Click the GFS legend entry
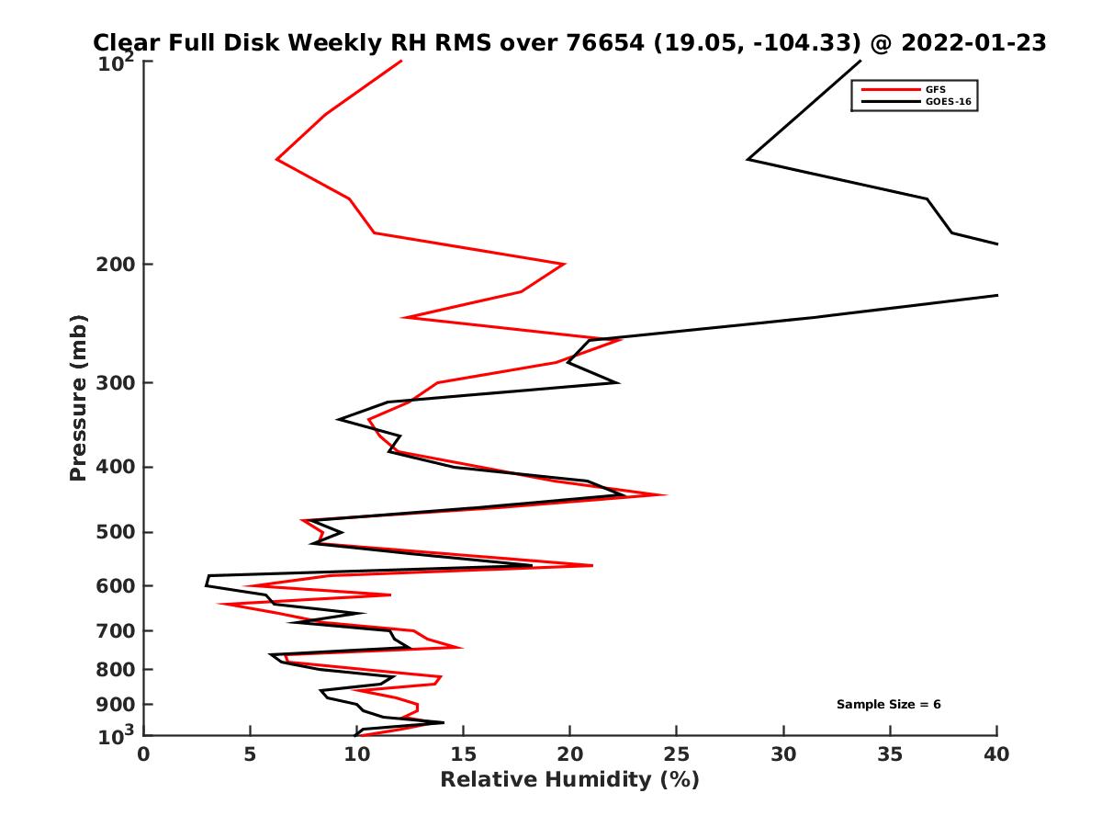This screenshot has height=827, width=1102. (936, 89)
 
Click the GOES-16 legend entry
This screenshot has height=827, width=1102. (947, 102)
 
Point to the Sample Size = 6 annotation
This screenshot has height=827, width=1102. (888, 705)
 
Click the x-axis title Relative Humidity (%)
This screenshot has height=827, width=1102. (569, 780)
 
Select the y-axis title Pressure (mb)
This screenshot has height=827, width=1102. (78, 397)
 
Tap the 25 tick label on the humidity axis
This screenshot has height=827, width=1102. (677, 754)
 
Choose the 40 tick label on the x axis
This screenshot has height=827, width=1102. (996, 754)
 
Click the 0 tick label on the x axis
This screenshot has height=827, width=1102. (144, 754)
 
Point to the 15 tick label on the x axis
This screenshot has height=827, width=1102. (464, 754)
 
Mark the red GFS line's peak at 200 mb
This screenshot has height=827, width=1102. (564, 264)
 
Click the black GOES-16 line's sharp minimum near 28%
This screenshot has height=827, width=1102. (748, 159)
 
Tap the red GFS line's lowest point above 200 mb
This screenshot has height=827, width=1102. (277, 160)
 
